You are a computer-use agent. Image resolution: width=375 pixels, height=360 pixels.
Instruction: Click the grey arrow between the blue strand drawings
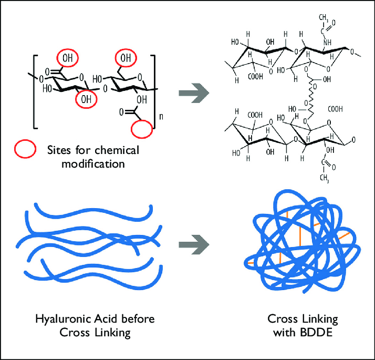coord(194,244)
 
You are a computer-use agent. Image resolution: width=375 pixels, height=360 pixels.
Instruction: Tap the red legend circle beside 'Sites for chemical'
coord(25,150)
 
